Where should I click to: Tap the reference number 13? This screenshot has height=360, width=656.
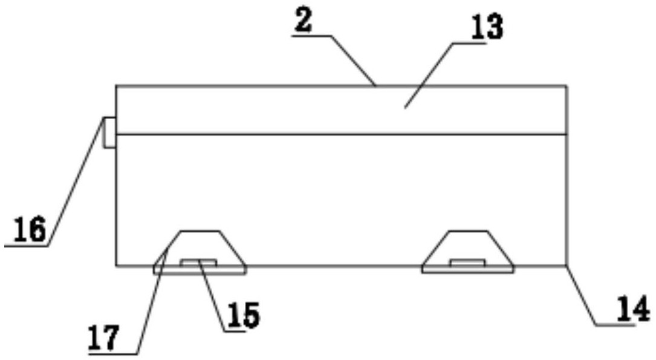(487, 27)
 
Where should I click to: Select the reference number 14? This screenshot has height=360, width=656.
(634, 309)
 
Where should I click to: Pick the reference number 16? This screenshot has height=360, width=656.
(30, 230)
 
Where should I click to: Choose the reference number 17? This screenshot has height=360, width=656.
(104, 338)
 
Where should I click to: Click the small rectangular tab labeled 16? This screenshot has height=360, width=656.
(109, 133)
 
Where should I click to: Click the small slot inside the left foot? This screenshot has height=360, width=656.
(199, 263)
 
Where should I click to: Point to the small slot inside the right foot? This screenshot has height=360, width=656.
(468, 263)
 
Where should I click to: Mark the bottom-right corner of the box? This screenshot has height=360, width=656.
(567, 265)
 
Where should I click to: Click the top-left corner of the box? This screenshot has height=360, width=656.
(116, 86)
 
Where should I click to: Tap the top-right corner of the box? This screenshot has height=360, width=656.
(567, 86)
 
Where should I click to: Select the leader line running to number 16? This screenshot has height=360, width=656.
(75, 182)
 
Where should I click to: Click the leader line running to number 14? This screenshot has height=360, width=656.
(582, 295)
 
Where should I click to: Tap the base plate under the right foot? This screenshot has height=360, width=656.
(468, 270)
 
